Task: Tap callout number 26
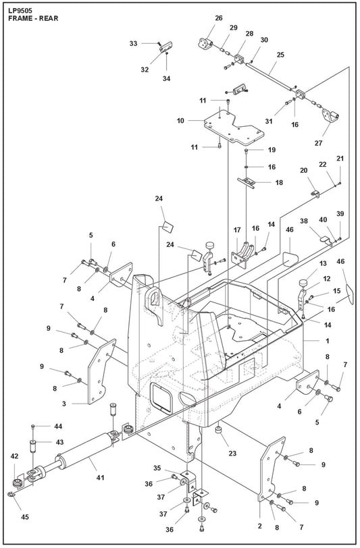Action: pos(219,18)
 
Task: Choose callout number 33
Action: pos(133,43)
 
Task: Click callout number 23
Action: pos(232,454)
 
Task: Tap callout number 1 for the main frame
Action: pos(327,341)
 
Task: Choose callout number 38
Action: pos(304,221)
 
